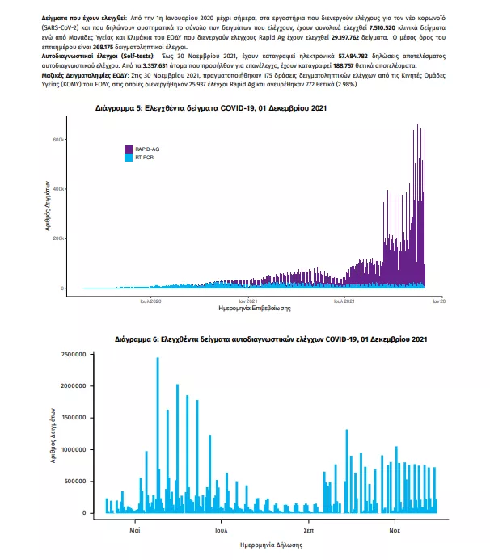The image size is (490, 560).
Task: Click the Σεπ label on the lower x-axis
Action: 308,531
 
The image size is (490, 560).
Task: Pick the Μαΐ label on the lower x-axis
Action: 134,531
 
